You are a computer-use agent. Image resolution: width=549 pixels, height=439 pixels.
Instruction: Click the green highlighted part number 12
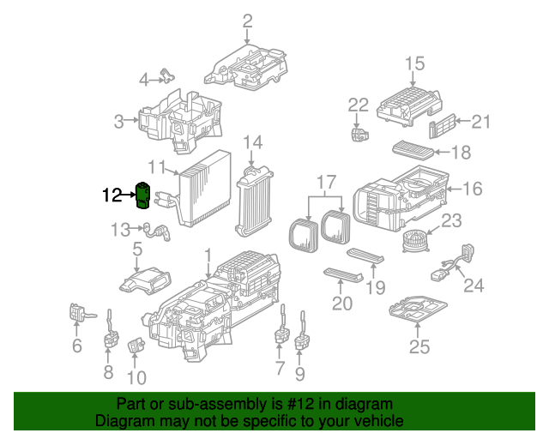142,195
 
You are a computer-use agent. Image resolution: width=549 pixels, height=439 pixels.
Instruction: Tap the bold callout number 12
112,195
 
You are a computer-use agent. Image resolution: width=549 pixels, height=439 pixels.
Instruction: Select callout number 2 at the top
247,21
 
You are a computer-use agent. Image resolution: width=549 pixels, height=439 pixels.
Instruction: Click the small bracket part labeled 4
168,75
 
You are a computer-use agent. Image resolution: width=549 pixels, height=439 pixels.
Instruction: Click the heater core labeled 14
254,201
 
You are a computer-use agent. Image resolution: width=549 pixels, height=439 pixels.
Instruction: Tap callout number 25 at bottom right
419,346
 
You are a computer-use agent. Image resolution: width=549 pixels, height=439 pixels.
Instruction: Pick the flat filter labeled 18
413,150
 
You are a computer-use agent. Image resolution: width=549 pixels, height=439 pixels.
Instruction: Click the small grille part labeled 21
443,125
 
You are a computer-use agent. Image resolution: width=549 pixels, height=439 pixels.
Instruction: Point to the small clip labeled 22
359,135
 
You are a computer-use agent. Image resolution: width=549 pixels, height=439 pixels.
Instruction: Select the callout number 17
327,183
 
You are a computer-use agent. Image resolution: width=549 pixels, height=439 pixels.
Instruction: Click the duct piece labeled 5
145,280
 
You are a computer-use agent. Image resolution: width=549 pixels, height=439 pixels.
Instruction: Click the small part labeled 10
136,345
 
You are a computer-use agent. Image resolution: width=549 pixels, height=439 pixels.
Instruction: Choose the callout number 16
473,189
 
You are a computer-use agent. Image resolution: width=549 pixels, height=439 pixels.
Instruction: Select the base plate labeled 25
418,310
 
